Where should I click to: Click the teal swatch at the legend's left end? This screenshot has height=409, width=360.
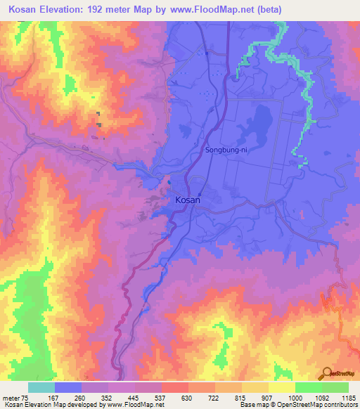41,387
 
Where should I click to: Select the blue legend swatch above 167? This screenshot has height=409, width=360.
68,387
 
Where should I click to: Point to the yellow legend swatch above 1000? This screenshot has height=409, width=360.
282,387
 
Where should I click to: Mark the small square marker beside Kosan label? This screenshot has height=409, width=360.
200,195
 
